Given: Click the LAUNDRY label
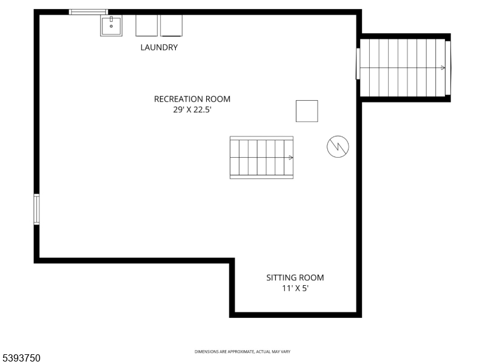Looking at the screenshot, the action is click(x=159, y=47).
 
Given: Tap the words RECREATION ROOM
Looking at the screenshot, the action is click(x=192, y=99).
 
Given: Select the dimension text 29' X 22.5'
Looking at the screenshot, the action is click(x=192, y=110).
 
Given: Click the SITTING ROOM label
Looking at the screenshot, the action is click(x=295, y=278).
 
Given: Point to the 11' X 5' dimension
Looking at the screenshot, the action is click(x=295, y=288).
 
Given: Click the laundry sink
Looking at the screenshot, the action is click(x=111, y=25).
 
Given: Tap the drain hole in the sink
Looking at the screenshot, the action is click(x=111, y=26).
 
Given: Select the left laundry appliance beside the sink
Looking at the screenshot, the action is click(x=146, y=25).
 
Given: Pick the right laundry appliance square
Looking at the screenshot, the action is click(x=171, y=25).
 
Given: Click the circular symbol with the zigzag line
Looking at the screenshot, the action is click(x=338, y=146).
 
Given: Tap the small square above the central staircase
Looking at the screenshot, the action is click(x=307, y=111).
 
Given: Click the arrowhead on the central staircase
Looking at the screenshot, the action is click(x=291, y=158).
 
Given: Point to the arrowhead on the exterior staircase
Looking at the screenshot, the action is click(x=443, y=68).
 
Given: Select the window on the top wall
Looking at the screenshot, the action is click(x=89, y=12).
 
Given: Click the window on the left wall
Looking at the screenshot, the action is click(x=36, y=209).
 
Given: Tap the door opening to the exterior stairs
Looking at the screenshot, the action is click(x=358, y=64).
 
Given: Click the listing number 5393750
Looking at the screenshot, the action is click(x=21, y=358).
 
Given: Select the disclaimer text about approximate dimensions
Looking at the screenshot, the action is click(x=242, y=352).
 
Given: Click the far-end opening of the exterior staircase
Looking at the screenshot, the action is click(x=448, y=68).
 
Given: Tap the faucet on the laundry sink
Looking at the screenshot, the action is click(x=111, y=19).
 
